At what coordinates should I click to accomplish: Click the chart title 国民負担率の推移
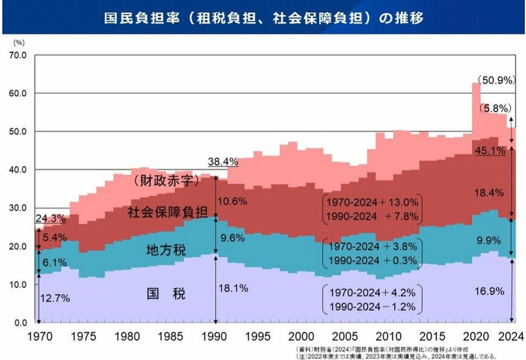(262, 17)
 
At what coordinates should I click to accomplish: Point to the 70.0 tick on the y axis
(18, 55)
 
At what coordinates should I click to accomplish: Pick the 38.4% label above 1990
(221, 162)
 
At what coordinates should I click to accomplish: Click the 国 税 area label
(166, 295)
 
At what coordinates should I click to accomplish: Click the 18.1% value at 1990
(234, 289)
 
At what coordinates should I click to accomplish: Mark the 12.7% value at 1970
(55, 298)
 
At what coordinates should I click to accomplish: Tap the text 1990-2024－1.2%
(371, 307)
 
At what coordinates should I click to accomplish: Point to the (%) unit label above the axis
(19, 42)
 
